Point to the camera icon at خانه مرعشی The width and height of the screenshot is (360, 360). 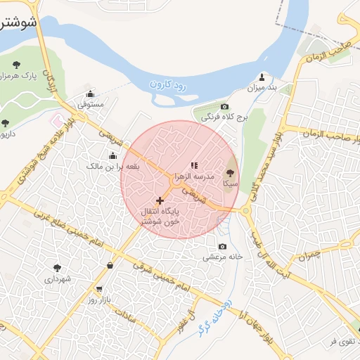(223, 247)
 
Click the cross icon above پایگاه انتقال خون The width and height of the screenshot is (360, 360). (160, 201)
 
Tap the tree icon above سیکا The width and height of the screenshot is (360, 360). (231, 172)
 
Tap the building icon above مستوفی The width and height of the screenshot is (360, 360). (90, 94)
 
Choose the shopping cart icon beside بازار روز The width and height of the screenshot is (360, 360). (98, 289)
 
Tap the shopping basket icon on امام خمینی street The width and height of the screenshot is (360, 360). (110, 265)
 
